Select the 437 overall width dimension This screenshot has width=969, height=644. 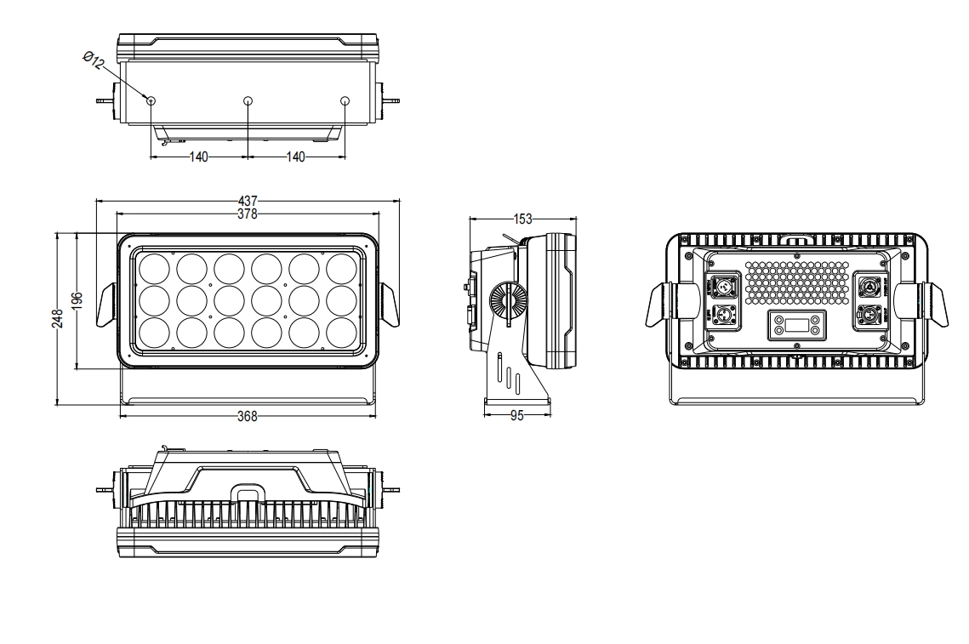[248, 201]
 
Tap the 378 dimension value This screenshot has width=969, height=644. [248, 214]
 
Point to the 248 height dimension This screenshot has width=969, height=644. [57, 317]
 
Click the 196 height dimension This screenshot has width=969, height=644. [77, 299]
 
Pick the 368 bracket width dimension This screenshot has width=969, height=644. [247, 416]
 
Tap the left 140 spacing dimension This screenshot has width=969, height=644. [199, 157]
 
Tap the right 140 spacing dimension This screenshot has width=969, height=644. [296, 157]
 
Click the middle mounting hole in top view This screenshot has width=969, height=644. [248, 101]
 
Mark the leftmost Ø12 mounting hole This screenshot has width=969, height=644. [151, 101]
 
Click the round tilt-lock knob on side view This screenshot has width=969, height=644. [508, 301]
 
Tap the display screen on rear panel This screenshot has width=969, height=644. [796, 324]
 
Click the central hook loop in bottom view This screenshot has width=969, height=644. [247, 494]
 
